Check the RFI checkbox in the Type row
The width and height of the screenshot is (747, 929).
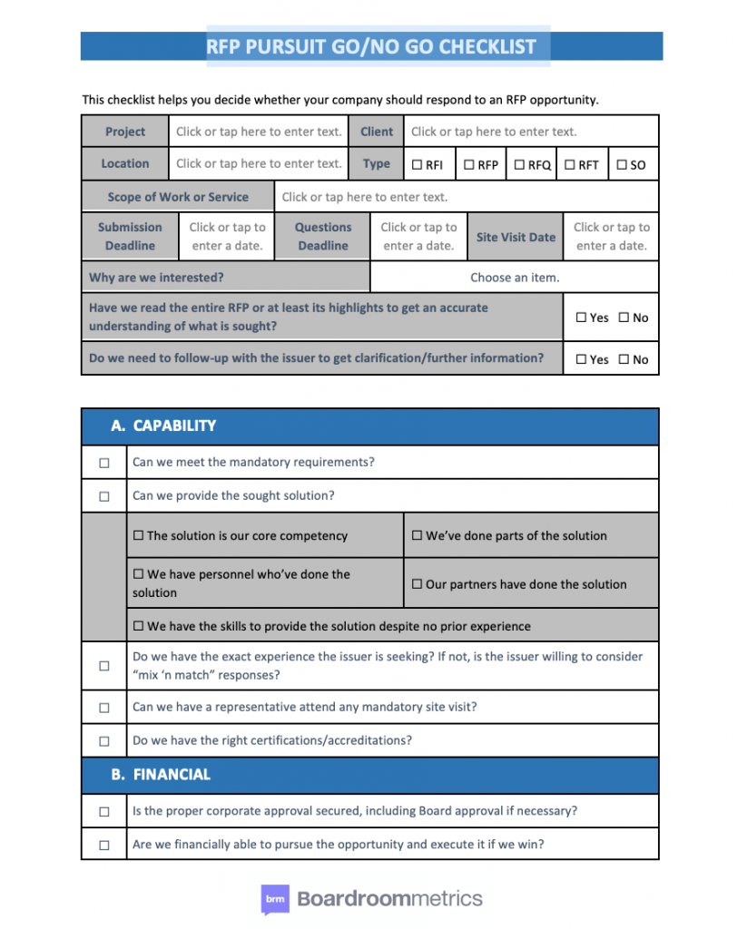pos(418,165)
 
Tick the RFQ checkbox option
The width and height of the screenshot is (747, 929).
pos(520,165)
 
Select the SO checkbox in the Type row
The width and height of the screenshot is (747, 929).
pos(622,165)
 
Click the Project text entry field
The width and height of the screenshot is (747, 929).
pos(259,132)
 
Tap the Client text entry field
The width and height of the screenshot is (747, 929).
pos(531,132)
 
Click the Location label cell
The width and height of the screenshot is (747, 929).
pos(125,164)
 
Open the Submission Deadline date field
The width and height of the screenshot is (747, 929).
pos(227,237)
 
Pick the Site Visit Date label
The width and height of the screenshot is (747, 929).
pos(516,237)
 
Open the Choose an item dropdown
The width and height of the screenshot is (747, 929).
pos(515,278)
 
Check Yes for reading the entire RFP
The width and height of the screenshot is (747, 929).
pos(582,318)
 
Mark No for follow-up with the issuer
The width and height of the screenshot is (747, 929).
pos(624,359)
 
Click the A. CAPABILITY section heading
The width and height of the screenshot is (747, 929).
pos(163,425)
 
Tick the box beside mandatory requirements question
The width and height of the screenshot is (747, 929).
pos(104,463)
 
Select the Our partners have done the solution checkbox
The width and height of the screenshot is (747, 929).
pos(418,584)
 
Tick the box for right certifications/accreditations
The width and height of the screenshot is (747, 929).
pos(104,741)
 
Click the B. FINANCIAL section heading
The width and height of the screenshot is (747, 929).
pos(161,775)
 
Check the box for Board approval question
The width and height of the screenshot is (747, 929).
pos(104,811)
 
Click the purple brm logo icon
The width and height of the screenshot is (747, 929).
pos(275,899)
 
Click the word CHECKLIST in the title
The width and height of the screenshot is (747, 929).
pos(487,46)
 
